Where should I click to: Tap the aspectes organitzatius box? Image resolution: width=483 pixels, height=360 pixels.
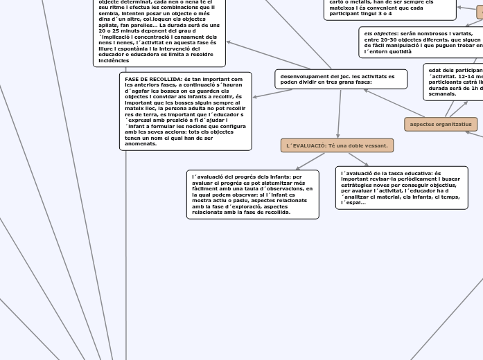point(441,125)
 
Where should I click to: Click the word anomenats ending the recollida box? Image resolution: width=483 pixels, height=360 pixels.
point(141,144)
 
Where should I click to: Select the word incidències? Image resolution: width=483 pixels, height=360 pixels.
point(114,61)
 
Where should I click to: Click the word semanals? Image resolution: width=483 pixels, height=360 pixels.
point(443,93)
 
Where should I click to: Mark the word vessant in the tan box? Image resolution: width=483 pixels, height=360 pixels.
point(375,145)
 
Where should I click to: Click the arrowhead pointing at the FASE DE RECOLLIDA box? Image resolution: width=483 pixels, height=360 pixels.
point(255,97)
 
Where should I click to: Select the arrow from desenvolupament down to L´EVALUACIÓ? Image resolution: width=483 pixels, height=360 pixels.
point(340,114)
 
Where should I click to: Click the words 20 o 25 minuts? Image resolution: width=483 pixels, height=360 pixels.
point(123,30)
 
